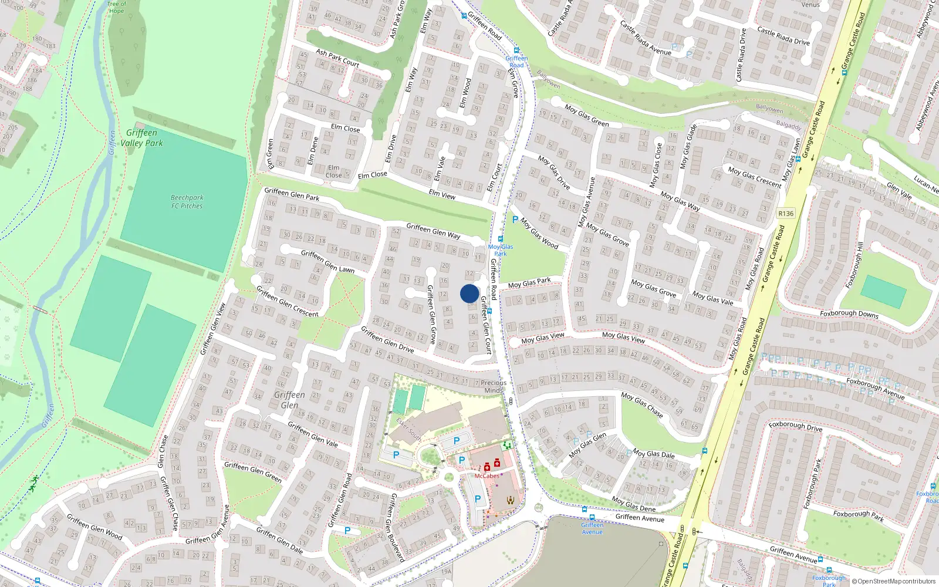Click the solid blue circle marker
pos(469,293)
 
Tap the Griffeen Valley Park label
pos(142,138)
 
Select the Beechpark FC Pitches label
pos(187,202)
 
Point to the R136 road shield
pos(786,214)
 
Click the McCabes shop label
pos(487,476)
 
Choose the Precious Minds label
pos(494,386)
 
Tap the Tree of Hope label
pos(116,7)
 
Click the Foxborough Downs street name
pos(849,314)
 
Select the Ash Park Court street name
pos(337,58)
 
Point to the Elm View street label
pos(442,195)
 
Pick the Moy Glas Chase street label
pos(642,405)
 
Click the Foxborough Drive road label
pos(795,426)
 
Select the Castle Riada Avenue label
pos(646,38)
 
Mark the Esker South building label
pos(408,429)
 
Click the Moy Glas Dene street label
pos(633,504)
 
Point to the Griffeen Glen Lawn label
pos(327,261)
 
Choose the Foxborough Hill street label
pos(854,265)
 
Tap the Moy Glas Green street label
pos(586,116)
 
